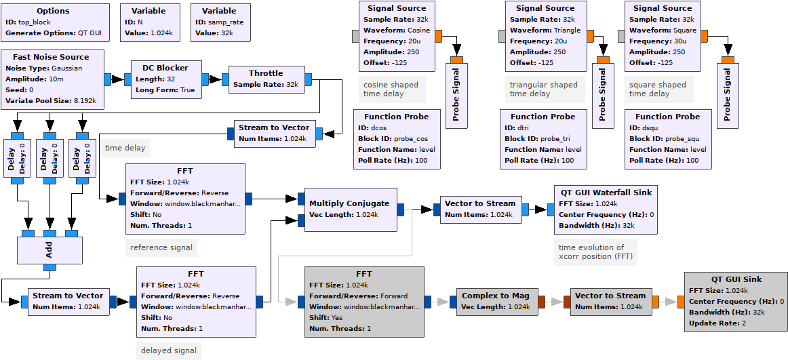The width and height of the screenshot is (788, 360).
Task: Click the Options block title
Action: coord(53,11)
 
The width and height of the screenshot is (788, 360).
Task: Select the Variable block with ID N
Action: coord(151,22)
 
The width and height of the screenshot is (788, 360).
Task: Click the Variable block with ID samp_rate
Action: coord(219,22)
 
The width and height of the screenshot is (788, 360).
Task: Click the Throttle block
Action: coord(266,79)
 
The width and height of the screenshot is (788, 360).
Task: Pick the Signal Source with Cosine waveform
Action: coord(397,35)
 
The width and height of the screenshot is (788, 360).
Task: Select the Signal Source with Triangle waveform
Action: coord(545,35)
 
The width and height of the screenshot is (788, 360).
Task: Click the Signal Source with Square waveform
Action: coord(662,35)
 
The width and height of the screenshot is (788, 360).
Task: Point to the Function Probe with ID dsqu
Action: coord(667,138)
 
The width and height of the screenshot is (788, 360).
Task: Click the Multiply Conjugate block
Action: coord(349,209)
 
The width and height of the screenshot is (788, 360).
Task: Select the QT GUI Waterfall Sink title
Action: coord(606,193)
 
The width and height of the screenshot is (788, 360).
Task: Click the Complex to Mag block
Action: coord(495,301)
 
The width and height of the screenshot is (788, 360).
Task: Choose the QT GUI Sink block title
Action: coord(736,279)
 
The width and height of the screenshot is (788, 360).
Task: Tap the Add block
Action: coord(49,250)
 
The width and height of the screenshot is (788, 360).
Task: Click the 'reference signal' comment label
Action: coord(161,247)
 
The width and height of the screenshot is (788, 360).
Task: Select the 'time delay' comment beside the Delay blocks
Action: coord(125,148)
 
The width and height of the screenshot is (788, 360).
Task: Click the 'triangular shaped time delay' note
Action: coord(544,89)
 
